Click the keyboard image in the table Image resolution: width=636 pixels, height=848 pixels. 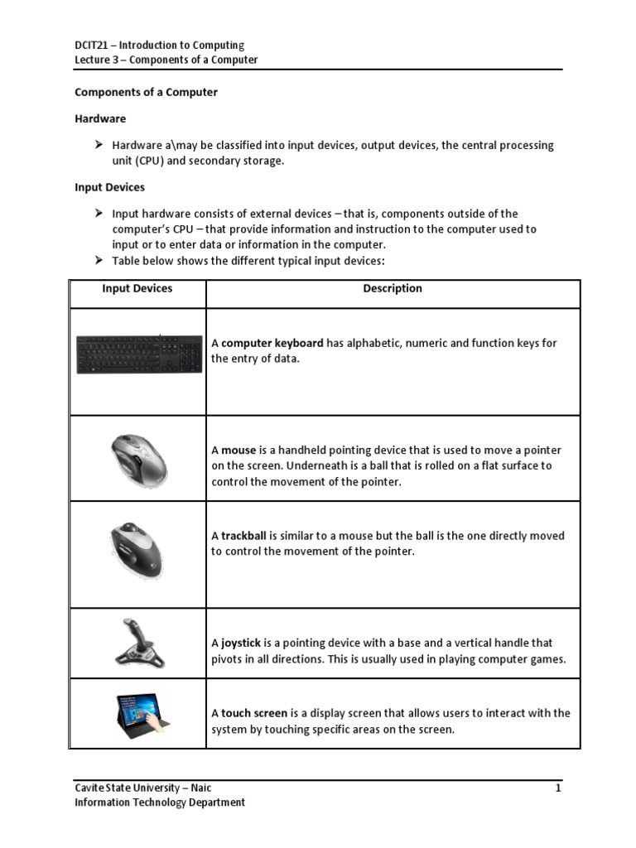[138, 354]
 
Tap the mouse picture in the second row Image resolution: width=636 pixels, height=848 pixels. [137, 459]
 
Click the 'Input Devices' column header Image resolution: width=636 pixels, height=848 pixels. [137, 288]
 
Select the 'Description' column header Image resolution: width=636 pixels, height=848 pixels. [393, 288]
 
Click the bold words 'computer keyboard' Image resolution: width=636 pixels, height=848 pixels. [272, 344]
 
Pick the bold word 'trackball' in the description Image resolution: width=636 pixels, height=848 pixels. [243, 536]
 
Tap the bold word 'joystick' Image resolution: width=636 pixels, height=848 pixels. [241, 643]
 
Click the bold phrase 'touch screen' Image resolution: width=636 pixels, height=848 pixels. [254, 713]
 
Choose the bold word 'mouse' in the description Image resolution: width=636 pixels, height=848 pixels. [238, 450]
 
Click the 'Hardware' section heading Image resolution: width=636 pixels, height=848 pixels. [100, 119]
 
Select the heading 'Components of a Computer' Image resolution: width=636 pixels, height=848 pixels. [147, 92]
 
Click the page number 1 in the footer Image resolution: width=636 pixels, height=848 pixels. [558, 788]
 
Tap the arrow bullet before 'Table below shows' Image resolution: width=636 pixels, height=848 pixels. [99, 260]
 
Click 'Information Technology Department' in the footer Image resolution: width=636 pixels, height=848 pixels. [160, 802]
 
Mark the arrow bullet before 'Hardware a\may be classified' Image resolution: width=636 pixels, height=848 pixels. [99, 145]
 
